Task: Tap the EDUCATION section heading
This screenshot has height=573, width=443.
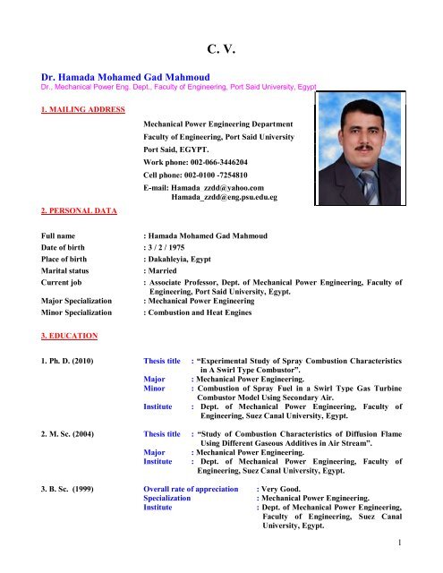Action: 38,338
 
